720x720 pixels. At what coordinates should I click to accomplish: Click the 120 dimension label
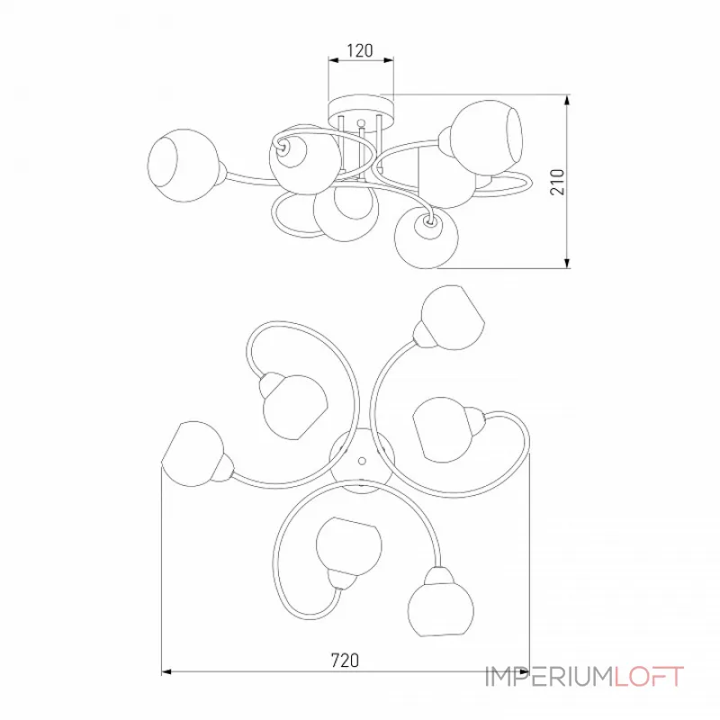(359, 50)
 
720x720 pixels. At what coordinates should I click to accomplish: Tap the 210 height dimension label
(557, 182)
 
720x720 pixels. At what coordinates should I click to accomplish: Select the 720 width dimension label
(345, 661)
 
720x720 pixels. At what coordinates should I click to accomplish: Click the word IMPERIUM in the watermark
(549, 677)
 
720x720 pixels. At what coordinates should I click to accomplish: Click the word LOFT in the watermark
(649, 677)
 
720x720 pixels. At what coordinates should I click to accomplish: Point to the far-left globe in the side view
(184, 166)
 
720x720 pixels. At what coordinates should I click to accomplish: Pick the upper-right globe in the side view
(486, 133)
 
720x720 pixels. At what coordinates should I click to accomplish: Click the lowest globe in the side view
(427, 238)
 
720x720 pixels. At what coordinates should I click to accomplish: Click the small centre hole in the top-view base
(362, 460)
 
